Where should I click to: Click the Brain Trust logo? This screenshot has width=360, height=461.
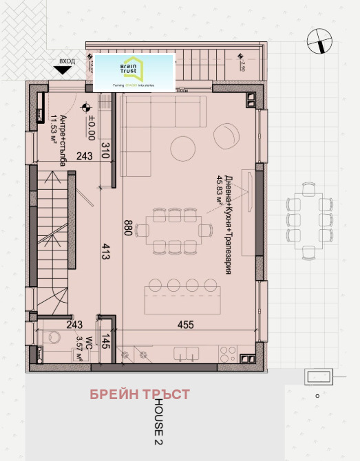tap(134, 71)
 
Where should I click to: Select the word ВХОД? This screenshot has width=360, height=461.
tap(67, 61)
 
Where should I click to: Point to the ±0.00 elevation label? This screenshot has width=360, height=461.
tap(91, 128)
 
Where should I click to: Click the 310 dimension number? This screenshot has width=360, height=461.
tap(106, 151)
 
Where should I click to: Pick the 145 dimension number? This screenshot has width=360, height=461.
tap(106, 342)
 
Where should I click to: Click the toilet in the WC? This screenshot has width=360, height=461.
tap(50, 337)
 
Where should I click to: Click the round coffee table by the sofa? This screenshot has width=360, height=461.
tap(201, 147)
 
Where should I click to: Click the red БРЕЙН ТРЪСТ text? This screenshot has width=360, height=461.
tap(140, 394)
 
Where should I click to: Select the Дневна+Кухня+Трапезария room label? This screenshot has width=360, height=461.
tap(223, 221)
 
